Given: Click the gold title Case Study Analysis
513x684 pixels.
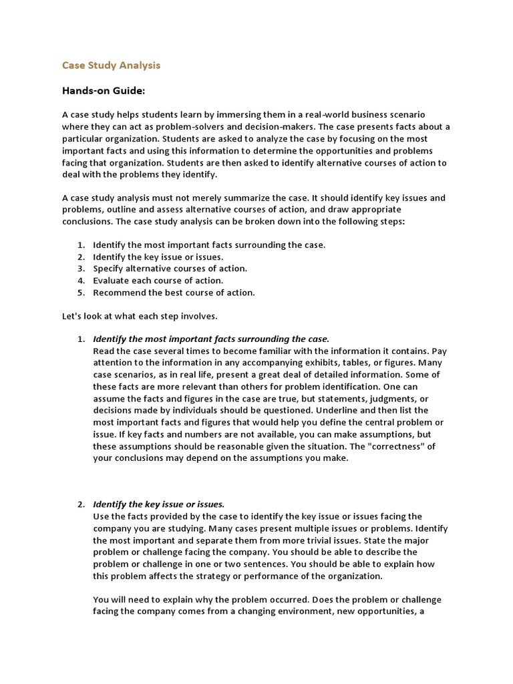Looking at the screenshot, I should click(x=111, y=65).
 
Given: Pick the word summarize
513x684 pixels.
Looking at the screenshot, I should click(x=252, y=198).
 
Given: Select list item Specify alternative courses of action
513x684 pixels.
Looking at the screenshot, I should click(x=170, y=269).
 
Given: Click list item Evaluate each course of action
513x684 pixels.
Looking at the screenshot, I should click(x=158, y=281).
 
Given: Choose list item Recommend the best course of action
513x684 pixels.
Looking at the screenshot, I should click(x=174, y=293).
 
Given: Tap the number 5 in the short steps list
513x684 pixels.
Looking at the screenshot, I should click(x=79, y=293).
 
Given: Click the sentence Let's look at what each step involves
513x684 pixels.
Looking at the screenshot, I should click(x=140, y=316).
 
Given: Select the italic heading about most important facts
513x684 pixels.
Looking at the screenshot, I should click(x=211, y=339).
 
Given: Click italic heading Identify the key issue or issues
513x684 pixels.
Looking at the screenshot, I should click(x=158, y=504).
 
